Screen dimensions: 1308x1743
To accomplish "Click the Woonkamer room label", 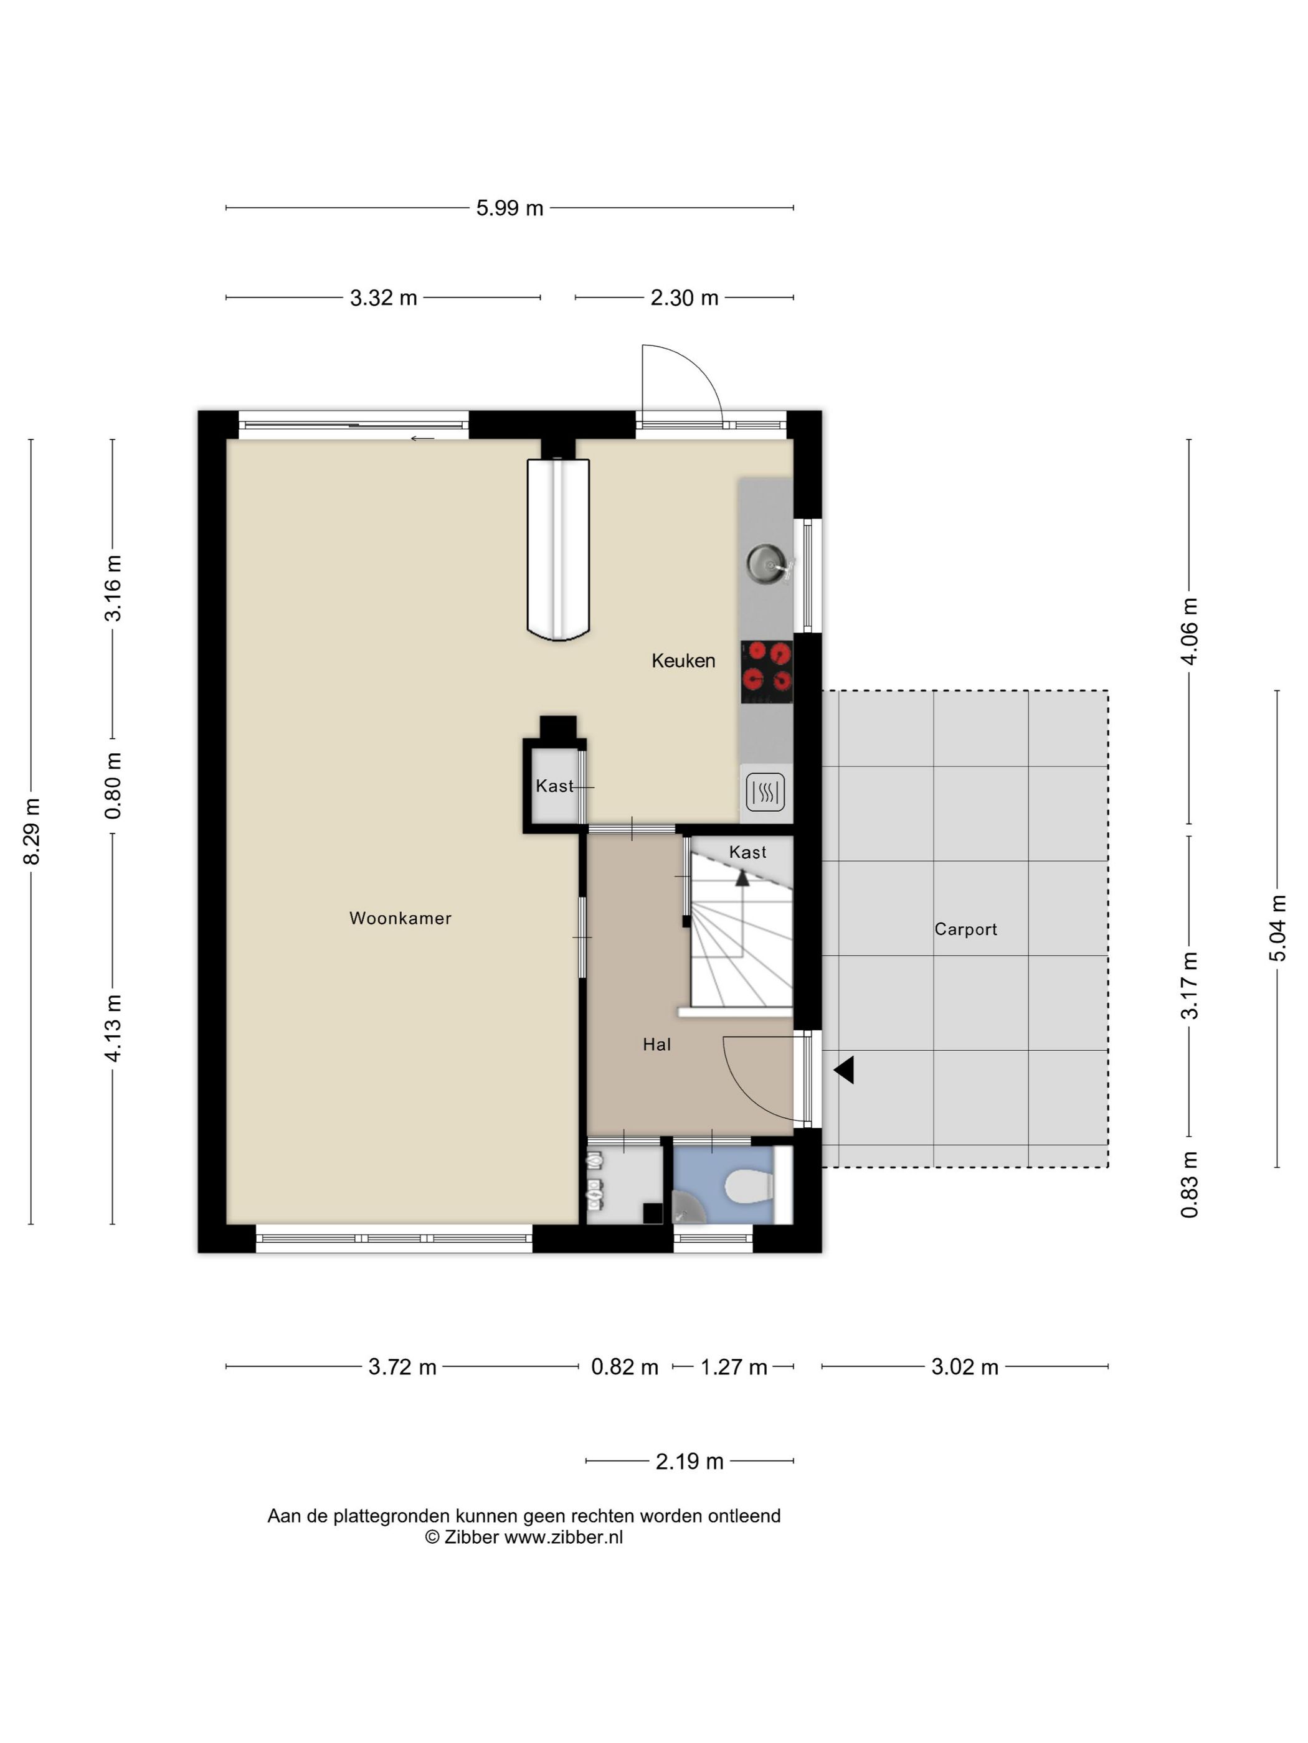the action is coord(400,918).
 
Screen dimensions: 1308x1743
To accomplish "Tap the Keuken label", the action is coord(683,660).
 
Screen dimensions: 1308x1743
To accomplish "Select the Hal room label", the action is coord(656,1044).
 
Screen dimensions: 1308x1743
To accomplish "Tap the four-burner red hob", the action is coord(766,672).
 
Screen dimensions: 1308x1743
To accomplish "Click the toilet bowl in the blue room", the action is coord(748,1186).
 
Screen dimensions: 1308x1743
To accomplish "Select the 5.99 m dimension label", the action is coord(509,208).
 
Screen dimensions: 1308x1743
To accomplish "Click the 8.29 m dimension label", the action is coord(32,830).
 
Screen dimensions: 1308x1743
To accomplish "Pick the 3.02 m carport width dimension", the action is coord(964,1366).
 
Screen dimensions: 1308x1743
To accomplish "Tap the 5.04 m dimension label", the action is coord(1277,928).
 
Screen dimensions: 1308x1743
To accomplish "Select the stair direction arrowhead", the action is coord(742,878).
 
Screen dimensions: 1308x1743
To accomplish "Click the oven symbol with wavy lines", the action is coord(765,791).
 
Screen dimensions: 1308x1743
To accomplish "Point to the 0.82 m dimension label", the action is coord(625,1366).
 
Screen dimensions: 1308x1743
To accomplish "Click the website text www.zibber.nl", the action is coord(563,1536).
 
